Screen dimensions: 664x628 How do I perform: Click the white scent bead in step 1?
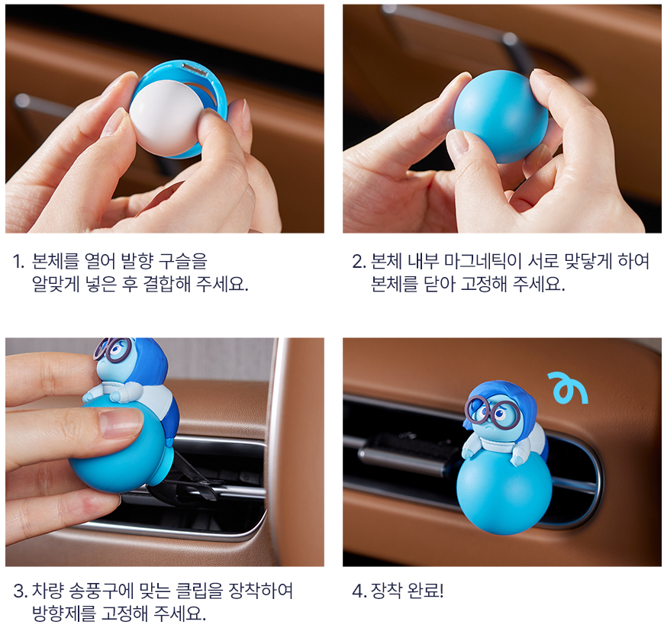[x=166, y=118]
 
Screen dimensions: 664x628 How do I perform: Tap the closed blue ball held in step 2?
[x=501, y=117]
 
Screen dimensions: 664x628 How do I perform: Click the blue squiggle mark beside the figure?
[x=567, y=388]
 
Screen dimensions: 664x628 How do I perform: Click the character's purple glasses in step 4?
[x=492, y=410]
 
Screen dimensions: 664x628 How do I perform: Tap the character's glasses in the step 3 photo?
[x=111, y=349]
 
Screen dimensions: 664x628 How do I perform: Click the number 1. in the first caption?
[x=18, y=262]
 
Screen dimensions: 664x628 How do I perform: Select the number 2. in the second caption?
[x=359, y=262]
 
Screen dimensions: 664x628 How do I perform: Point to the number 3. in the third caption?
[x=21, y=591]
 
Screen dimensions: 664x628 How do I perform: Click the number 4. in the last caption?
[x=359, y=591]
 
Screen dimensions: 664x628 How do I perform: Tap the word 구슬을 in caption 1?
[x=182, y=261]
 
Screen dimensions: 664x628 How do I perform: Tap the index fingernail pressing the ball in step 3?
[x=121, y=423]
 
